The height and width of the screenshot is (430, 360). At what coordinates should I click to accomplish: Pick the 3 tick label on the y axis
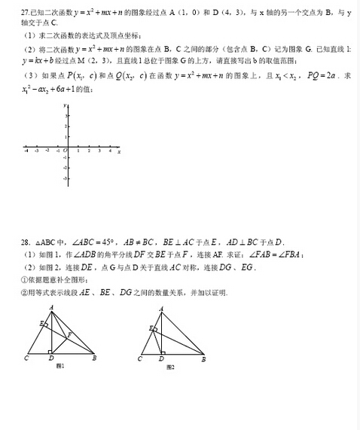point(67,116)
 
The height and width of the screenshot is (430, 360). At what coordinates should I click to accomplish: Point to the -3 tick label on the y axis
point(66,178)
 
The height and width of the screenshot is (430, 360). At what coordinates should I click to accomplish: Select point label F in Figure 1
point(70,333)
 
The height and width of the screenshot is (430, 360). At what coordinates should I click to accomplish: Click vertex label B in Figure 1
point(93,359)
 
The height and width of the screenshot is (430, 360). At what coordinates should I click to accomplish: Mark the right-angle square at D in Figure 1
point(50,352)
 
